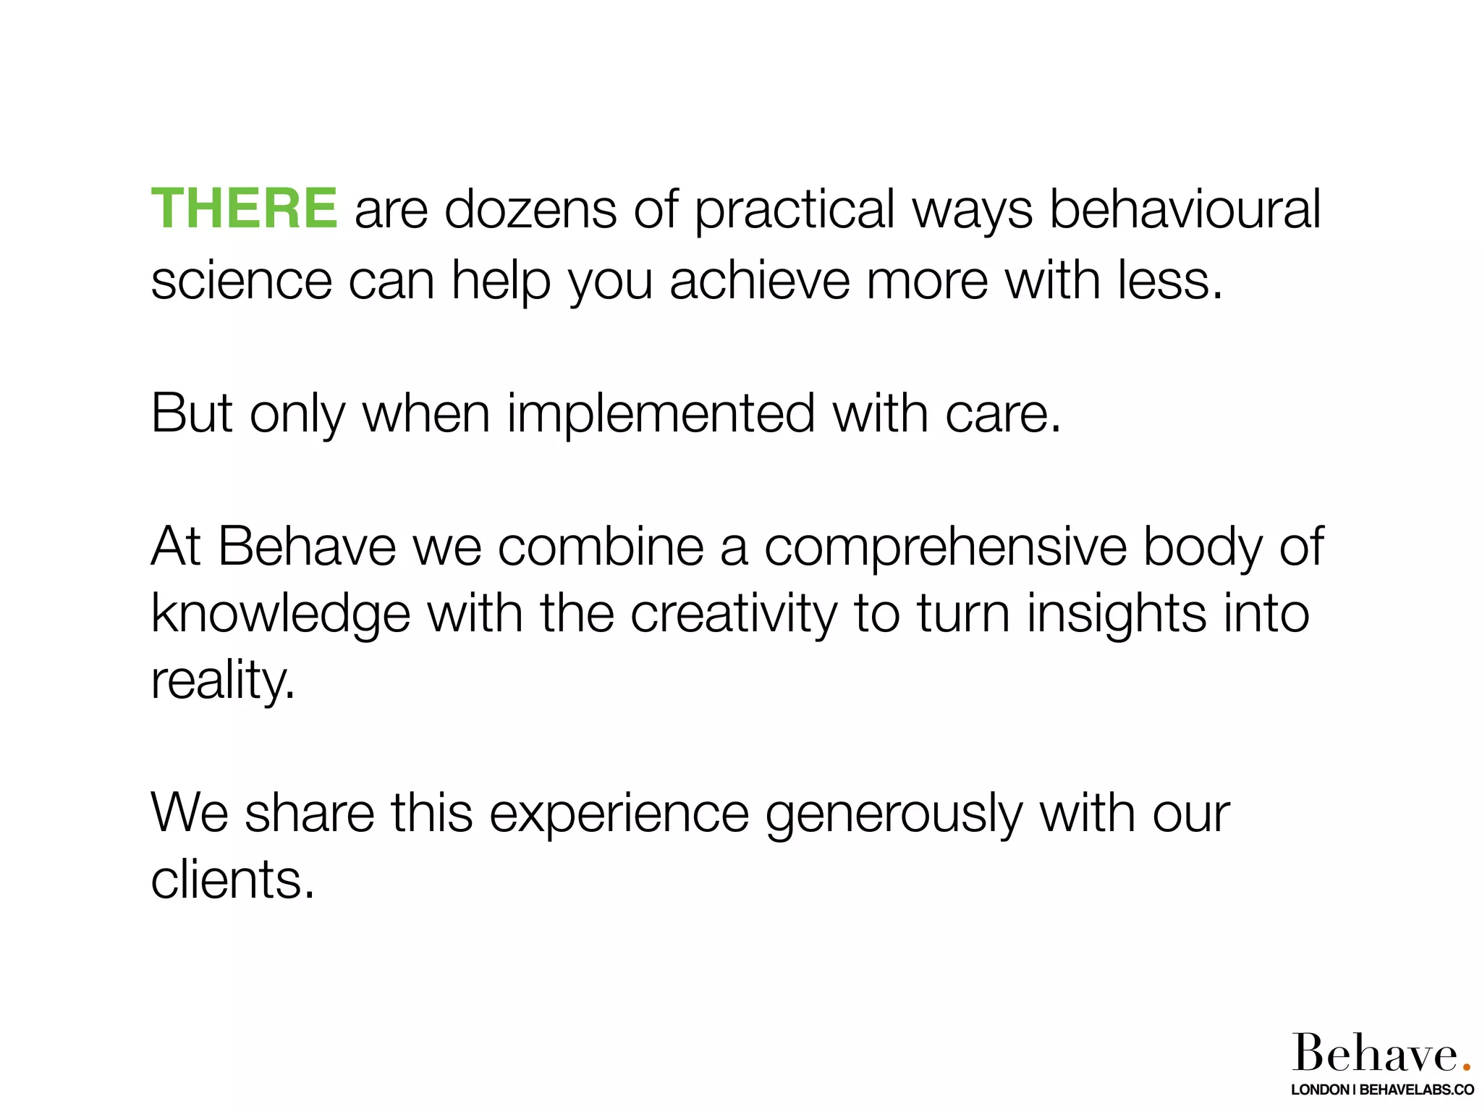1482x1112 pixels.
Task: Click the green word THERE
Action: [x=244, y=209]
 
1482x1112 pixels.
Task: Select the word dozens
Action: [x=530, y=209]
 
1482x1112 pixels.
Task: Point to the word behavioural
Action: [x=1185, y=209]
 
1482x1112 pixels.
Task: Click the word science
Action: [x=241, y=281]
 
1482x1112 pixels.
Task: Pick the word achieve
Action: [x=759, y=281]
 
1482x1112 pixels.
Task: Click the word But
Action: [x=192, y=413]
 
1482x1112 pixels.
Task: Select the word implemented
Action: [x=661, y=415]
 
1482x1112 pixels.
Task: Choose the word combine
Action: [x=601, y=547]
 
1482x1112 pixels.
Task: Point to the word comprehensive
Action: [x=945, y=548]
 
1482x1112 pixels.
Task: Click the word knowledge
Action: [x=281, y=615]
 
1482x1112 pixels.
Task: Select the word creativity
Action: [x=733, y=615]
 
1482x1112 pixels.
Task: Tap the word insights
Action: [x=1117, y=615]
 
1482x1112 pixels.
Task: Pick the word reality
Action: [x=222, y=681]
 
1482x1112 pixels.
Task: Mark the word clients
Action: [x=232, y=880]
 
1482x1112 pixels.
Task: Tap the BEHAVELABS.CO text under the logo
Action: [x=1417, y=1090]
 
